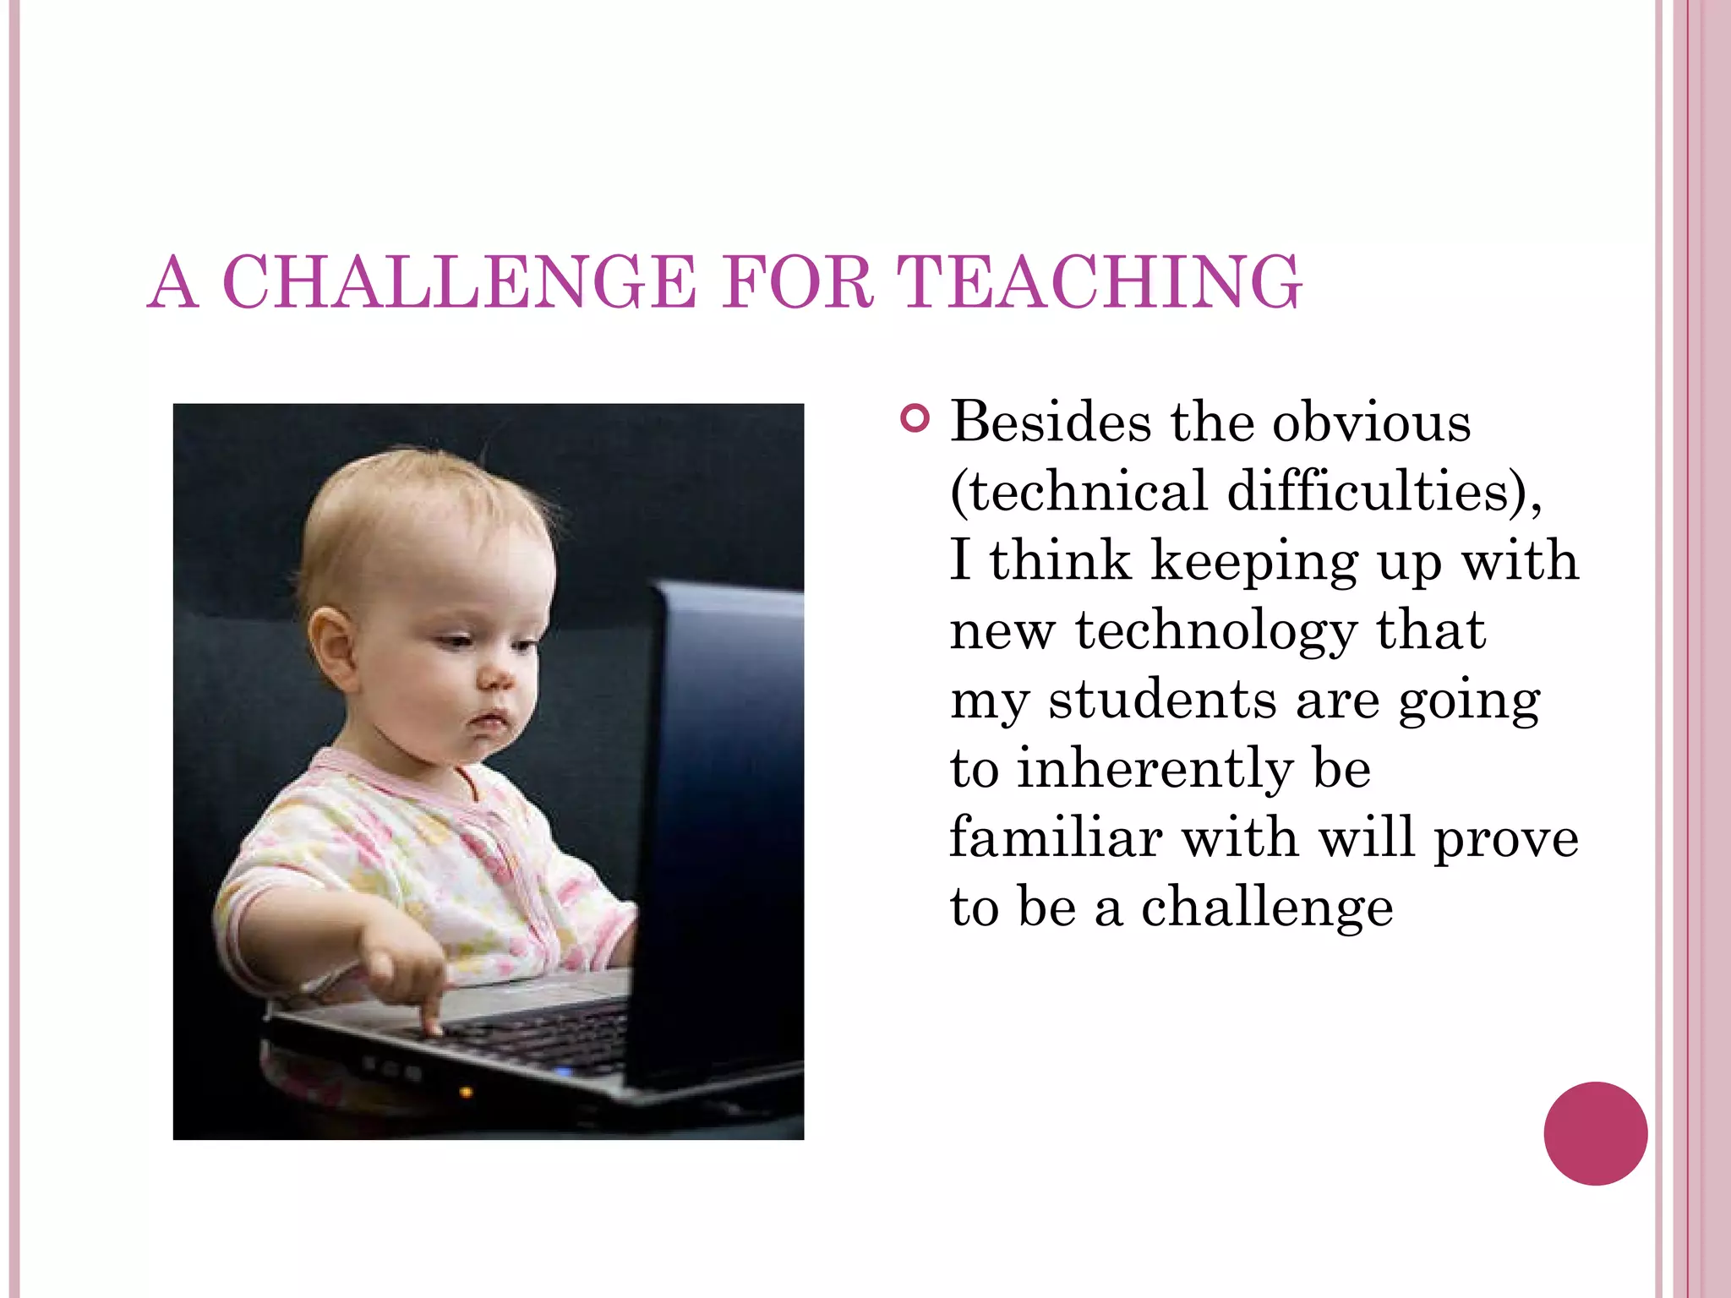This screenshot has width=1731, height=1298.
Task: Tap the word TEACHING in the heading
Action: pos(1099,282)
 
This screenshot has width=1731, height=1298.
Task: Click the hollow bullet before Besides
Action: pos(915,418)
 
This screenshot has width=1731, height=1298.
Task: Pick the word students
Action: pos(1162,701)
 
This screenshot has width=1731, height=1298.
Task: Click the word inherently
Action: pos(1154,770)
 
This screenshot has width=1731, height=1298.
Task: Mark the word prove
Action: pos(1506,839)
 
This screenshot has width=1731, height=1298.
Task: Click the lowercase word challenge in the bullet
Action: pos(1267,908)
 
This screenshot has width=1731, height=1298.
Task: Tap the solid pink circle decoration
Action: pos(1595,1133)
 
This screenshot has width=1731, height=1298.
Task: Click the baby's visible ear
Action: pos(331,646)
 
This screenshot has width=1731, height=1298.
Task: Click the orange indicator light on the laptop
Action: pos(465,1093)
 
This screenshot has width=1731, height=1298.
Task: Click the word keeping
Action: pos(1254,562)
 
